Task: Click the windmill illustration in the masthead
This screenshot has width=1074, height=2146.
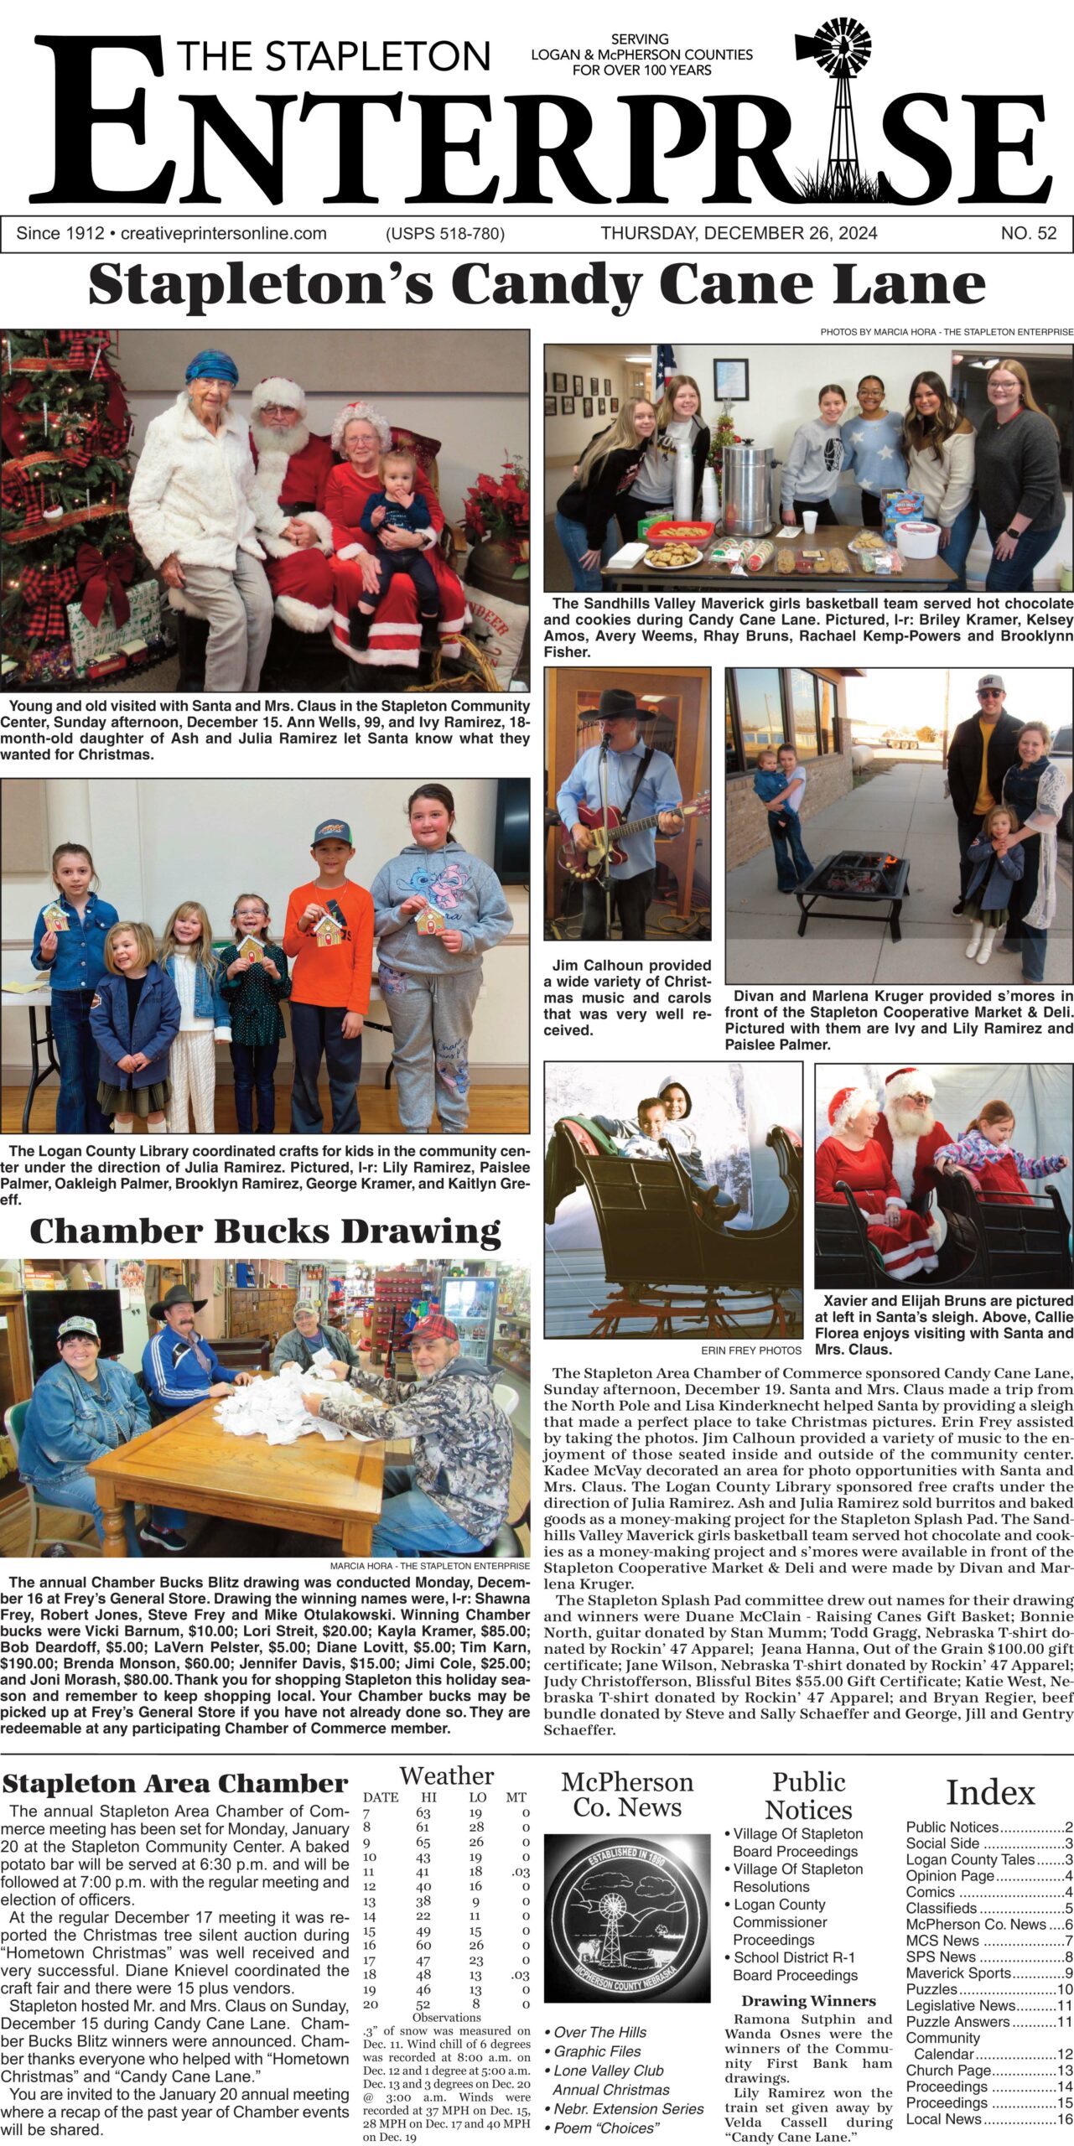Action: coord(832,101)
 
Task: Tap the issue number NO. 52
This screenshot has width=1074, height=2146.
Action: coord(1028,234)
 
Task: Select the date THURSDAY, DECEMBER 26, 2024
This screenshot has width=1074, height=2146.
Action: coord(739,234)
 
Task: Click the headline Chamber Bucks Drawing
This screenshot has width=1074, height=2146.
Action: coord(265,1231)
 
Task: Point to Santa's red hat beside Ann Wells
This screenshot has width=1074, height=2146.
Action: coord(280,392)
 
